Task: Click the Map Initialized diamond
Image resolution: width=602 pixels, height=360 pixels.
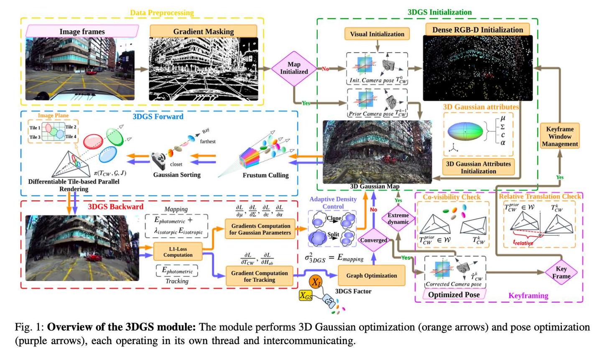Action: click(294, 68)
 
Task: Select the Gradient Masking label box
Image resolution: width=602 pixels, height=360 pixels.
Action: click(203, 31)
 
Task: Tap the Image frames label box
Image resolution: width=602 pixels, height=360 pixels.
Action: click(82, 31)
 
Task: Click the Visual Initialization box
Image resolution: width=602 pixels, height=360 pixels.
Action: click(377, 34)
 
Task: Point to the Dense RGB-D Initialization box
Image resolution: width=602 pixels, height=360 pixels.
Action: click(477, 30)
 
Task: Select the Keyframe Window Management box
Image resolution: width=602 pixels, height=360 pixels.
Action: click(560, 136)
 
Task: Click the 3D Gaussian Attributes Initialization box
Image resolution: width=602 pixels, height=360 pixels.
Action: click(478, 167)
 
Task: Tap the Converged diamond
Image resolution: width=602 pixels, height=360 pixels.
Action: click(374, 240)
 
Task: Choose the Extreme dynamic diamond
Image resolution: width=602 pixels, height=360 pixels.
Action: click(398, 219)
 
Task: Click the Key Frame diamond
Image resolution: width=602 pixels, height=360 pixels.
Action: click(561, 273)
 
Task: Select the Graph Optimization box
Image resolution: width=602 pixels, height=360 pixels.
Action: click(372, 276)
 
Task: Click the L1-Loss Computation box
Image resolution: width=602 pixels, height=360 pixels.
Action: click(178, 252)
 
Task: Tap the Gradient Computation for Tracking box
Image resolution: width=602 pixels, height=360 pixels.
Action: click(259, 276)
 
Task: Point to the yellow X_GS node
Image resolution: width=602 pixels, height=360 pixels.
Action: click(306, 296)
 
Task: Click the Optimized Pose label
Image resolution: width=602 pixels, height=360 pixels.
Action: click(454, 294)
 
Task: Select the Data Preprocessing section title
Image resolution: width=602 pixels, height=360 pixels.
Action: click(162, 13)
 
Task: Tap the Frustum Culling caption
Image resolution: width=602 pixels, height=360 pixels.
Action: click(265, 175)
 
